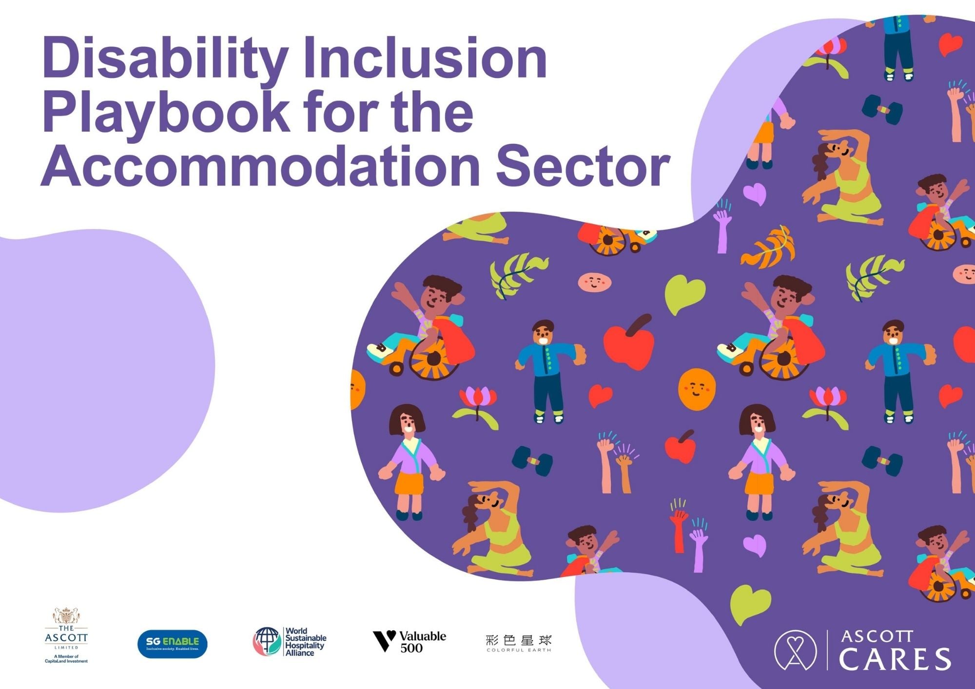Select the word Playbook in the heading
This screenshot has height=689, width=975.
click(x=166, y=115)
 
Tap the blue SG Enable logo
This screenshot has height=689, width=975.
click(x=173, y=644)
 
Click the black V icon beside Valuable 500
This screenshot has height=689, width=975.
click(x=384, y=641)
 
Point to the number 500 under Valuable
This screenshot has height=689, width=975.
click(x=411, y=648)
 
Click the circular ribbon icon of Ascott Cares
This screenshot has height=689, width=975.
click(x=795, y=650)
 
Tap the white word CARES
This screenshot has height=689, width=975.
click(x=895, y=659)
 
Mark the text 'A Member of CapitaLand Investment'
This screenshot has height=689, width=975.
click(x=66, y=659)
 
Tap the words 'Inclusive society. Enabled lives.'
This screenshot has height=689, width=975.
click(x=173, y=649)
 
